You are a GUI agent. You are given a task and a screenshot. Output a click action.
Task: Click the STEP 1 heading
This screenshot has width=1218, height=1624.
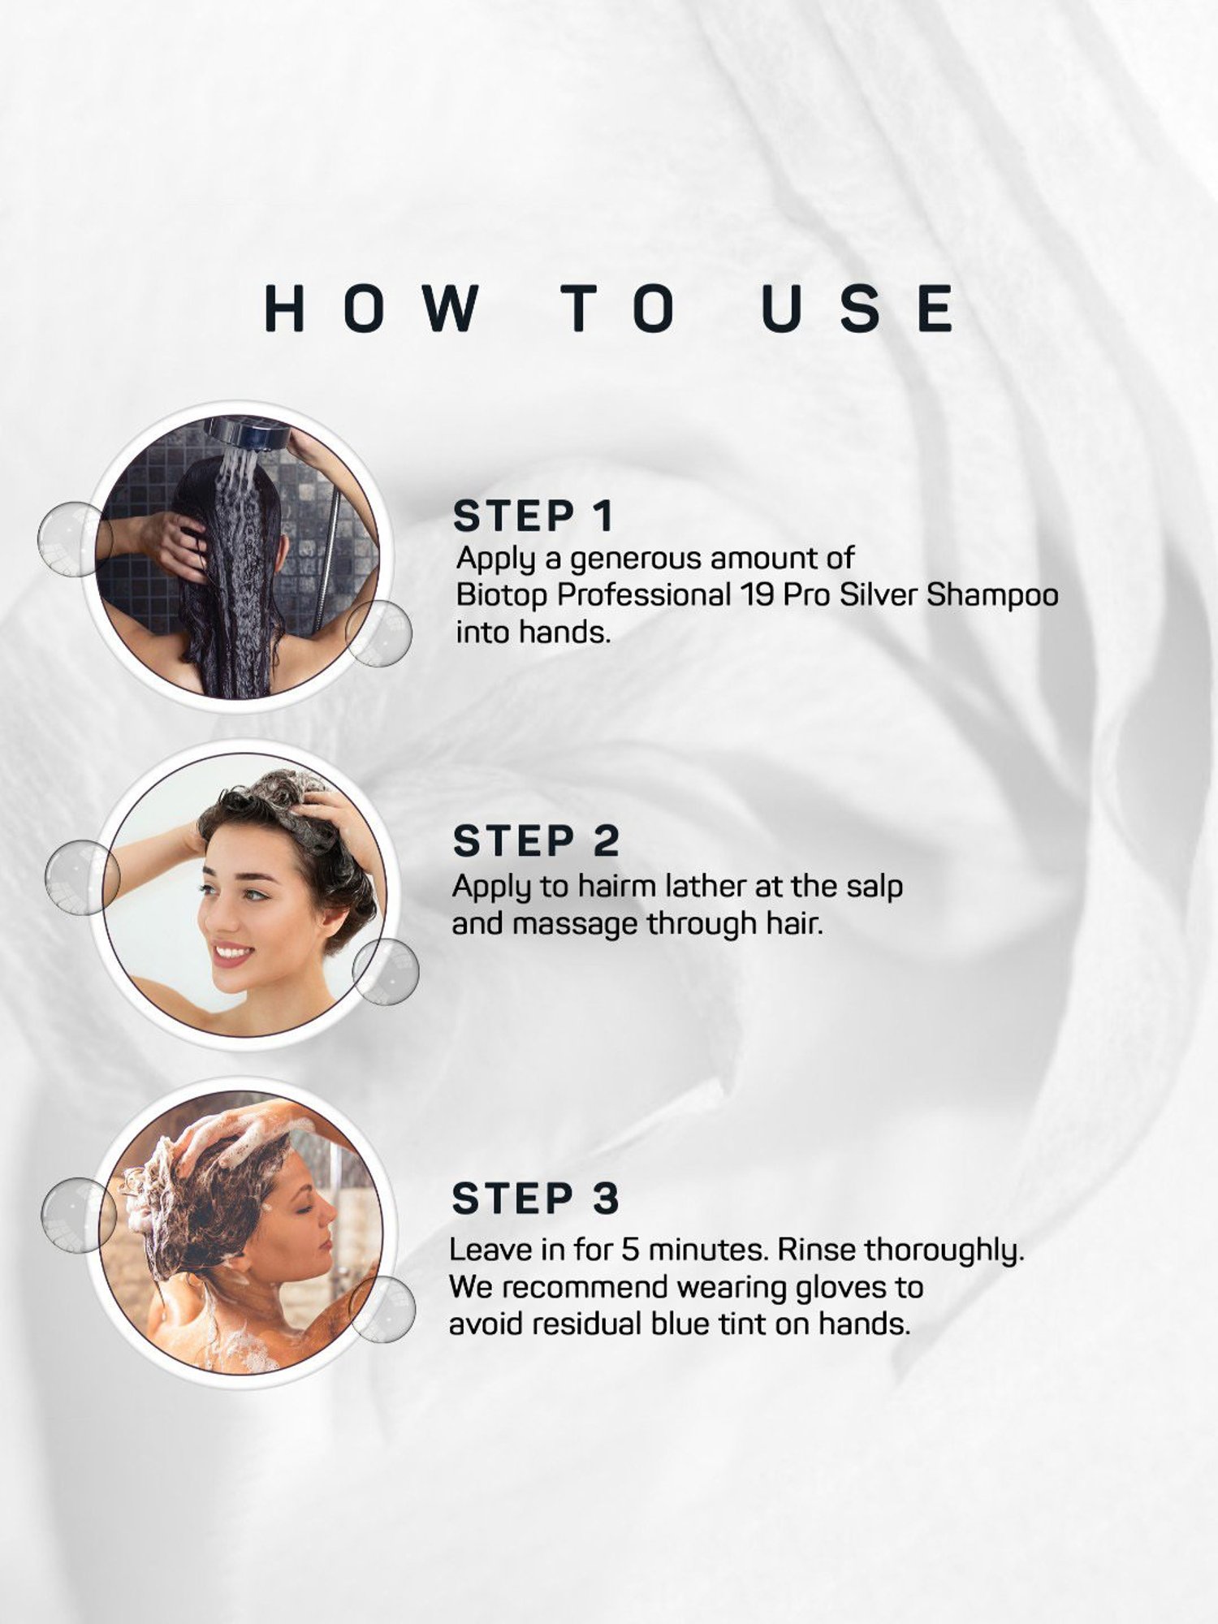pos(533,516)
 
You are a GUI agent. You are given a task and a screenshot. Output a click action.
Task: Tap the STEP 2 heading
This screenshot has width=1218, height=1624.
pos(536,840)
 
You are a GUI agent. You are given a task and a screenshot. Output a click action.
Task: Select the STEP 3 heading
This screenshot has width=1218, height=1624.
pos(535,1199)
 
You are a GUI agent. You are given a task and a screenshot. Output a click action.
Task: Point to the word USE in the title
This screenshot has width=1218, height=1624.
pos(858,309)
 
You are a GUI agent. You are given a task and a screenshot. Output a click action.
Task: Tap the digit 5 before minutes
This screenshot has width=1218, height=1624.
pos(631,1250)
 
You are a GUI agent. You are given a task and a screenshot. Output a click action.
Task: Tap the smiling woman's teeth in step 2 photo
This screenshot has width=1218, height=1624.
pos(233,951)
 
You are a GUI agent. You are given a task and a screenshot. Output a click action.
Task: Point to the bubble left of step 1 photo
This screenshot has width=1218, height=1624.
pos(75,539)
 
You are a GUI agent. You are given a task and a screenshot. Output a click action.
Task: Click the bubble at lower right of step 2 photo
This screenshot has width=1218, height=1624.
pos(386,972)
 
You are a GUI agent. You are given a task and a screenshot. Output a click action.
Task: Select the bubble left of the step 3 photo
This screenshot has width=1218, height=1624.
pos(79,1216)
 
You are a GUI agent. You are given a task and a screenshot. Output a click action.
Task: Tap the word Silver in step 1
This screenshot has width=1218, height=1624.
pos(879,595)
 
